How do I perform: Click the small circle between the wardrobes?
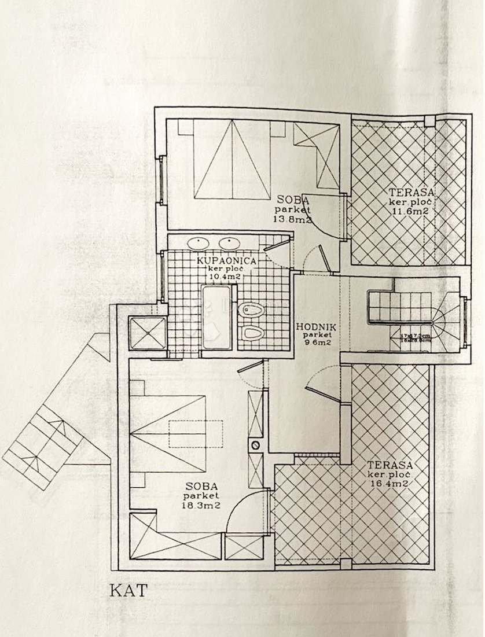pyautogui.click(x=254, y=445)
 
